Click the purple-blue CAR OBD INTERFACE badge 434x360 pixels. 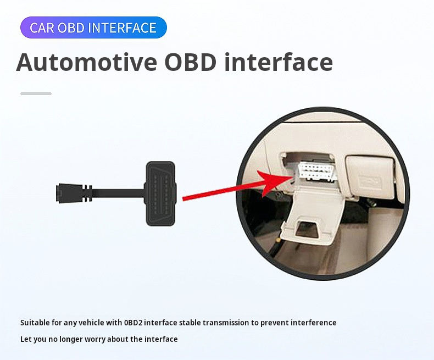point(93,27)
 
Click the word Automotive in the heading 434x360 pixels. point(87,62)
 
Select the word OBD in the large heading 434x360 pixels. point(190,62)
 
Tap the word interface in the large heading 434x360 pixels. point(279,62)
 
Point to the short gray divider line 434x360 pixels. point(36,93)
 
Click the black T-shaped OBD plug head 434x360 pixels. point(160,193)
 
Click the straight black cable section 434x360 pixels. point(118,193)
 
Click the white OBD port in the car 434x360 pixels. point(316,171)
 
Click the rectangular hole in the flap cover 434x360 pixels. point(307,229)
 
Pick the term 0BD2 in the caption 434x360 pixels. point(133,323)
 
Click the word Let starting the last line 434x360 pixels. point(25,339)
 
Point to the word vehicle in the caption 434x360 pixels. point(92,323)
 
